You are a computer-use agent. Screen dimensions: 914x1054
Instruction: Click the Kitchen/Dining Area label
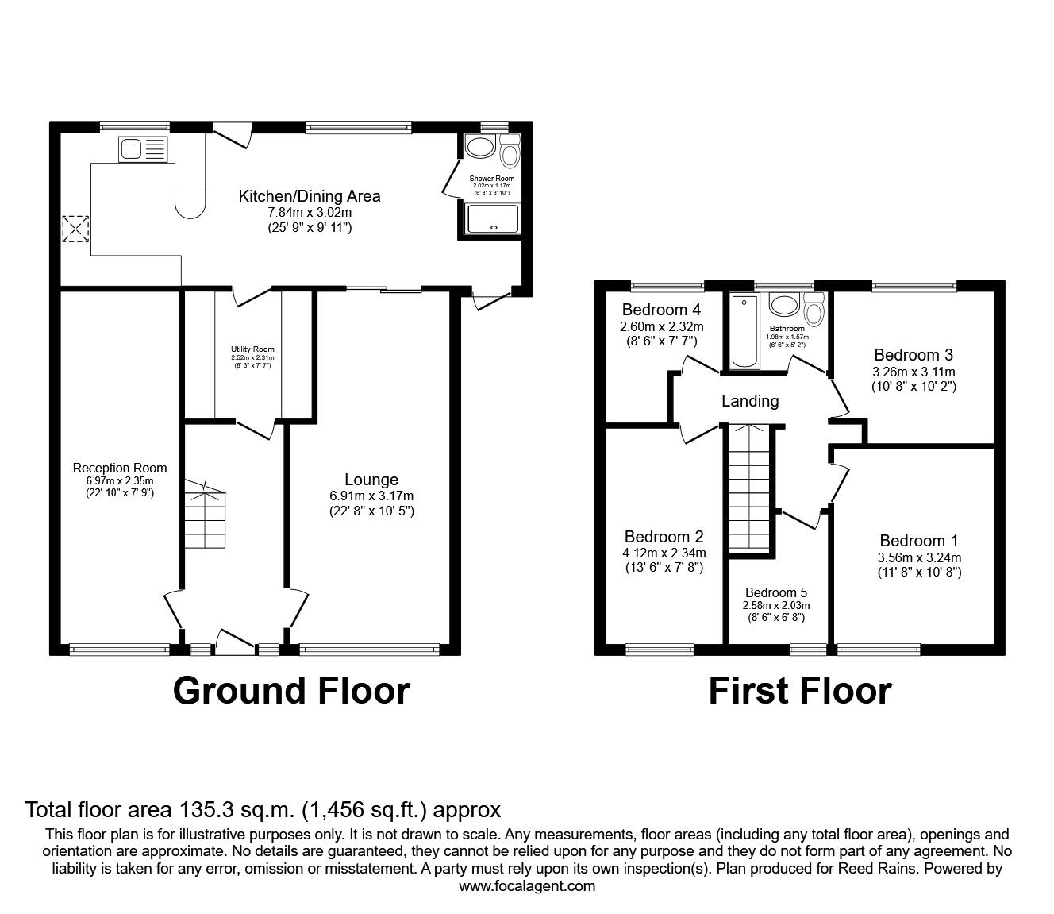tap(310, 196)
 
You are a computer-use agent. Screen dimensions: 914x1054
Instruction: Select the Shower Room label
tap(492, 179)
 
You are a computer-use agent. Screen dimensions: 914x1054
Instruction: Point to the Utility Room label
tap(252, 349)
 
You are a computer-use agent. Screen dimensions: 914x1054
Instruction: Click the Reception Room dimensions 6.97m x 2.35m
tap(120, 480)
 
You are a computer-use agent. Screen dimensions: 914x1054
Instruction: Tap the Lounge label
tap(371, 480)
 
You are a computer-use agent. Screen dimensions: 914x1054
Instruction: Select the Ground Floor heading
tap(290, 691)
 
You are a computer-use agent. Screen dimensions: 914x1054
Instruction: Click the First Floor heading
tap(799, 691)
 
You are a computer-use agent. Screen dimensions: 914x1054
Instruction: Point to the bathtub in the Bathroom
tap(744, 331)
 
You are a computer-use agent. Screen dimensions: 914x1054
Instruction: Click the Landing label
tap(749, 401)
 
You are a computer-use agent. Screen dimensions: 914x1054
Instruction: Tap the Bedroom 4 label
tap(661, 310)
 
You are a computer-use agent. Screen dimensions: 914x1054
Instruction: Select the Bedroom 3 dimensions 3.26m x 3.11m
tap(914, 372)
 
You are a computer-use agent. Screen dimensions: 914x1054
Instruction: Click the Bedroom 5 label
tap(776, 592)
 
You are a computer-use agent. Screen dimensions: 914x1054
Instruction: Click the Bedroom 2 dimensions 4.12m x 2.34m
tap(664, 553)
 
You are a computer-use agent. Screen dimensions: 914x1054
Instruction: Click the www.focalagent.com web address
tap(527, 886)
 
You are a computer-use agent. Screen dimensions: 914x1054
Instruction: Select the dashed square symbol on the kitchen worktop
tap(75, 229)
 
